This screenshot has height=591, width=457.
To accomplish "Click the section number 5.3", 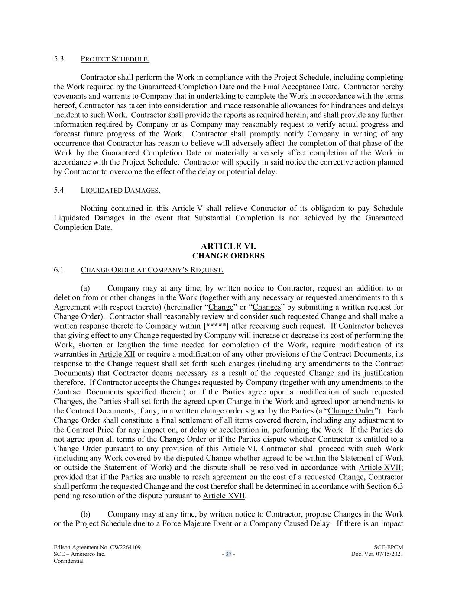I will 59,59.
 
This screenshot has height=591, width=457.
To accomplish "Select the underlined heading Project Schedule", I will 115,59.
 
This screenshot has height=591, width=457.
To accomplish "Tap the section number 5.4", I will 59,190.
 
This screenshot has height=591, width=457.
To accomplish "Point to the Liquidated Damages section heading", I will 120,190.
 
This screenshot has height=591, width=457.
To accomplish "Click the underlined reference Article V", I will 187,209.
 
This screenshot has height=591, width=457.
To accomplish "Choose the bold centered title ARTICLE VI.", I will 228,246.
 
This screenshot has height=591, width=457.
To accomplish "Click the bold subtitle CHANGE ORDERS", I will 228,256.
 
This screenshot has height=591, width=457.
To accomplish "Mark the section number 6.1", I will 59,270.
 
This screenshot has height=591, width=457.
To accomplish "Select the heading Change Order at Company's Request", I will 152,270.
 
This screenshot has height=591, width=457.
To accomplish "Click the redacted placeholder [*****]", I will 216,326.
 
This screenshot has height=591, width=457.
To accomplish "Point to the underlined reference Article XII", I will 117,354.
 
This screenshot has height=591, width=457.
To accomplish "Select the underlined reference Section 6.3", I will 385,486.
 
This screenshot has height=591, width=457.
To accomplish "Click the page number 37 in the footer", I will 228,554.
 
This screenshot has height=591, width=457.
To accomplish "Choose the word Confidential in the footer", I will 68,561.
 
